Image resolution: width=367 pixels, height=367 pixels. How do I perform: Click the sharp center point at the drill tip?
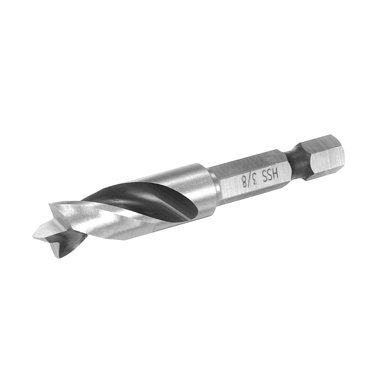[x=33, y=236]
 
